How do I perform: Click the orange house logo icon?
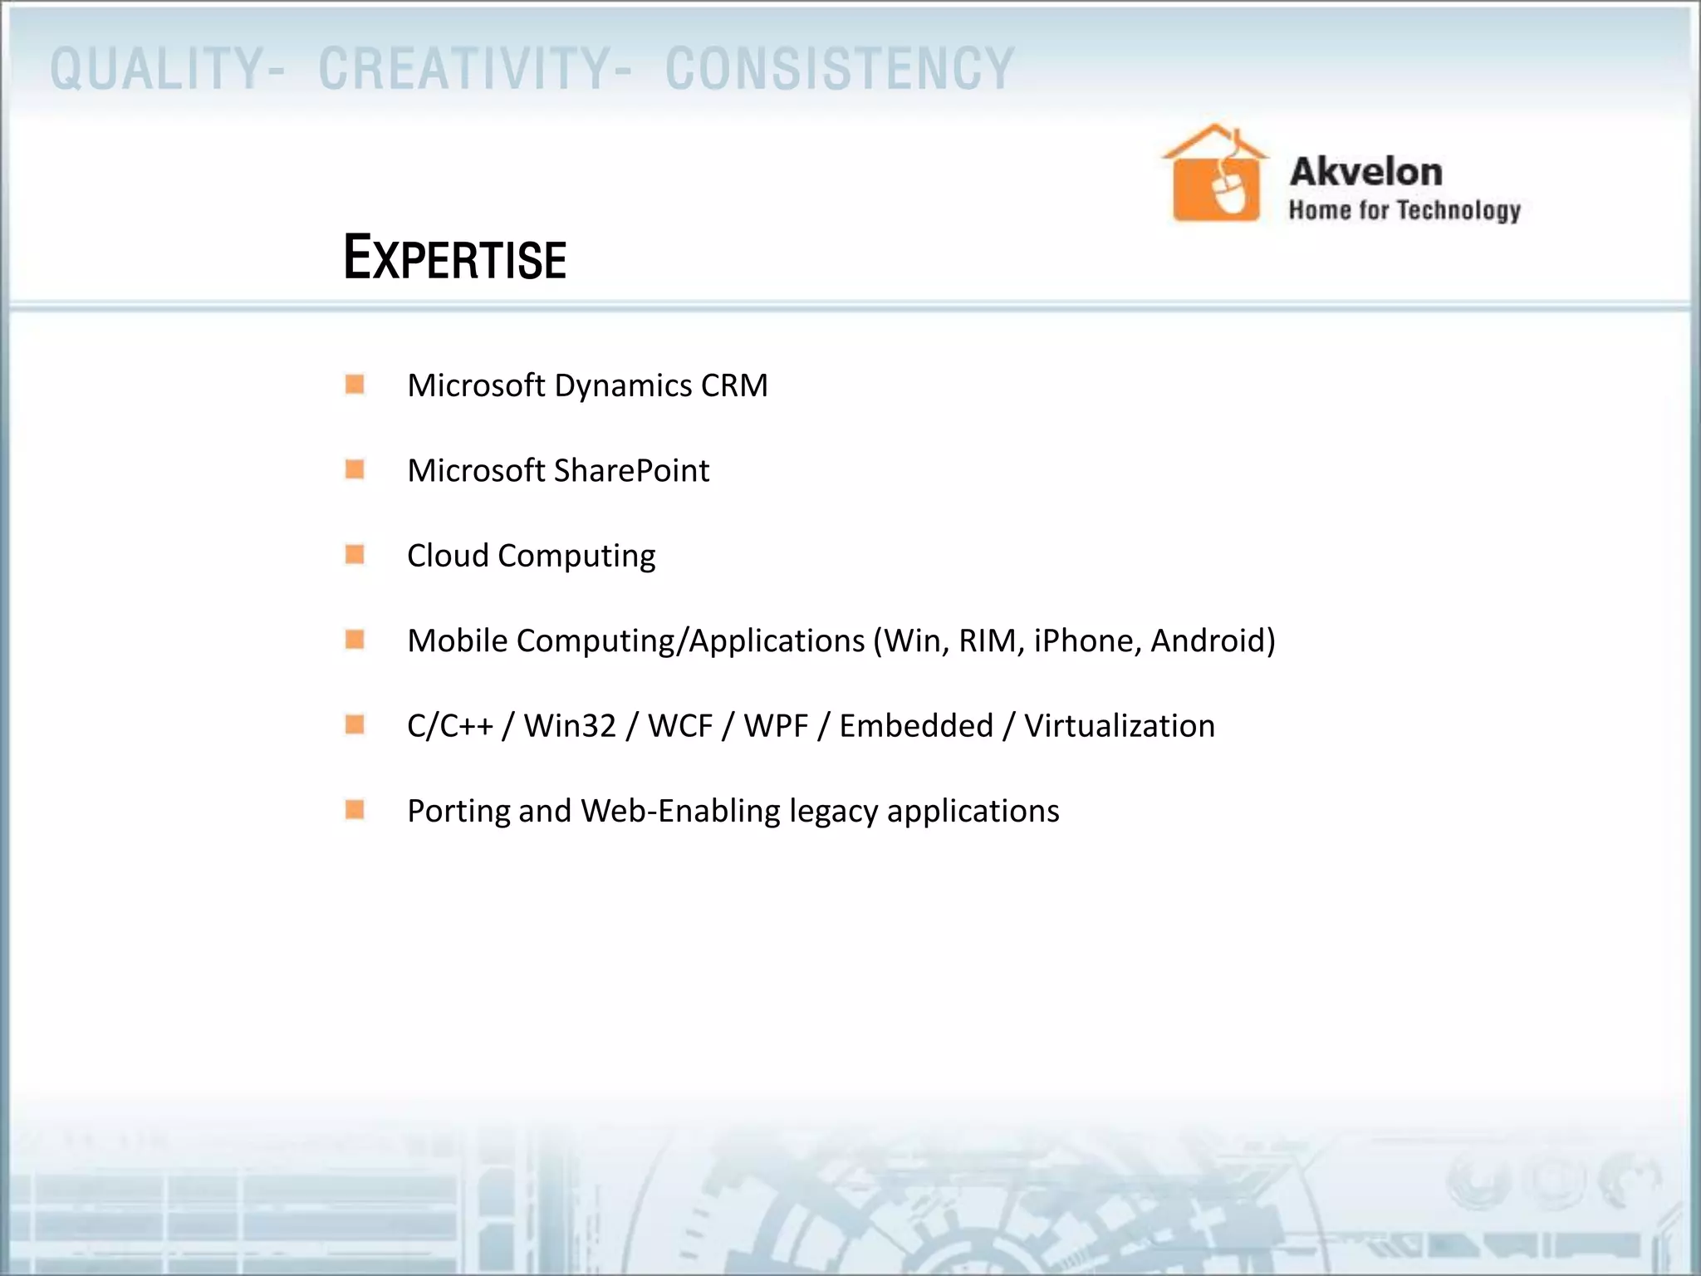(x=1216, y=174)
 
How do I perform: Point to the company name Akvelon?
(x=1365, y=172)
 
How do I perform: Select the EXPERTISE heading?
(x=455, y=258)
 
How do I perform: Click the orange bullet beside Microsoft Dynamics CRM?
(x=355, y=385)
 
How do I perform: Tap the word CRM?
(x=734, y=385)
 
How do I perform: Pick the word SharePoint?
(x=631, y=471)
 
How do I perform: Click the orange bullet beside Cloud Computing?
(x=355, y=554)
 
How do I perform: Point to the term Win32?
(x=570, y=726)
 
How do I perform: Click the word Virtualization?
(x=1119, y=726)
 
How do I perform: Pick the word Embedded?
(x=915, y=726)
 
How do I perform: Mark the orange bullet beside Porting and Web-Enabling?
(x=355, y=809)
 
